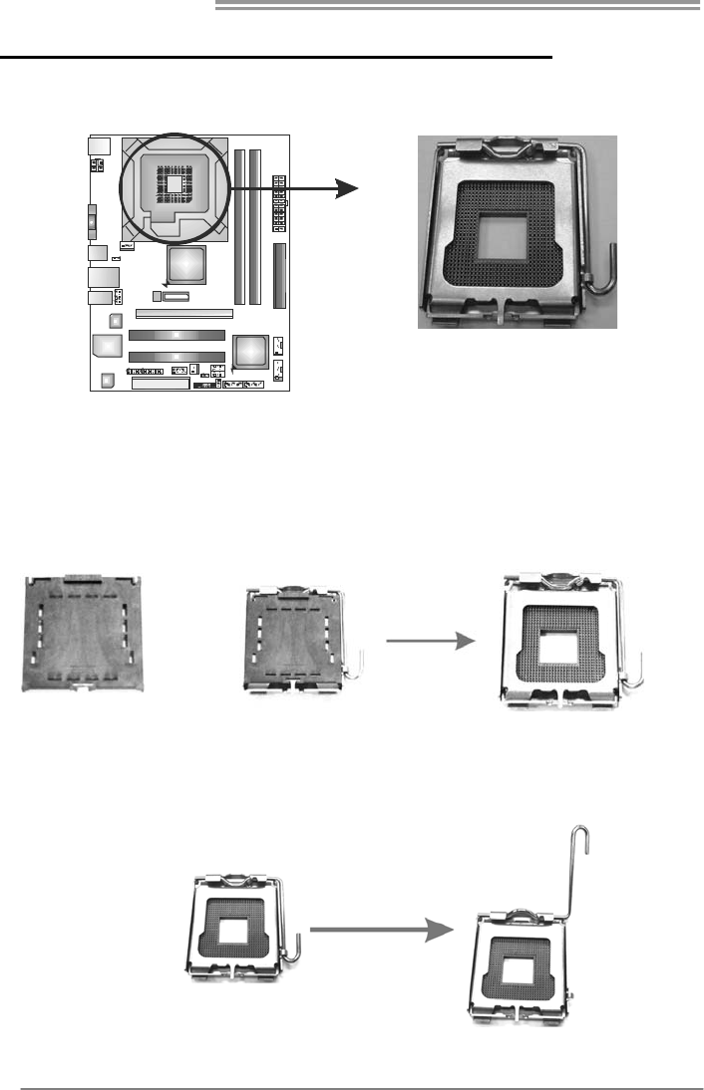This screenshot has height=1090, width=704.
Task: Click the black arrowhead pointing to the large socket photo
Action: pyautogui.click(x=345, y=189)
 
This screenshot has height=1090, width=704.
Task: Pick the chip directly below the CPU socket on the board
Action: pyautogui.click(x=185, y=264)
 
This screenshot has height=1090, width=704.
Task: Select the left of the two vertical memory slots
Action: pyautogui.click(x=239, y=226)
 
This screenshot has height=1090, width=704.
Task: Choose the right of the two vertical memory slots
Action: pyautogui.click(x=255, y=226)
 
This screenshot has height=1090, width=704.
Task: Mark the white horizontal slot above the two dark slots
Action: pyautogui.click(x=183, y=313)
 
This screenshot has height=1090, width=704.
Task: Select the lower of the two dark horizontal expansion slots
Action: pyautogui.click(x=176, y=357)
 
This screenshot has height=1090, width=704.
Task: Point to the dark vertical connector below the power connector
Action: pyautogui.click(x=279, y=275)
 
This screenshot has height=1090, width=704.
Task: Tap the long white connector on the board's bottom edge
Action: pyautogui.click(x=160, y=384)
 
